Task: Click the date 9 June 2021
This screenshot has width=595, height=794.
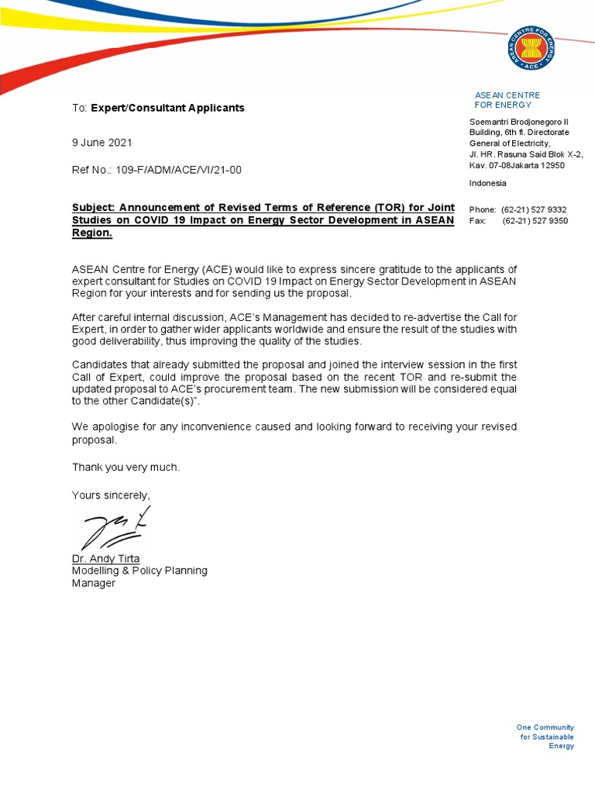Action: [x=102, y=143]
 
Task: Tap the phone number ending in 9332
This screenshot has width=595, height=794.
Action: [x=534, y=209]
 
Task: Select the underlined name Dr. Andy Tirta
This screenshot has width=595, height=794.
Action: [x=105, y=558]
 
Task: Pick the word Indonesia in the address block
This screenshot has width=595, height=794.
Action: [x=488, y=183]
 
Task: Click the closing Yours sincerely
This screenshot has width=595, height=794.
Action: [x=111, y=495]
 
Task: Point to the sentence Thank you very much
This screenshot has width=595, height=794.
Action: [x=126, y=467]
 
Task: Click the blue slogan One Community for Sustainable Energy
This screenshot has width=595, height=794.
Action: [x=545, y=737]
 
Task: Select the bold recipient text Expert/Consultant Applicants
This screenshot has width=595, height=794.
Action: [x=167, y=108]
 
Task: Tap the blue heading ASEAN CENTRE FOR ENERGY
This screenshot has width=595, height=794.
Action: [x=507, y=99]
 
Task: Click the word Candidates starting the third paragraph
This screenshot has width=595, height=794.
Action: [x=99, y=364]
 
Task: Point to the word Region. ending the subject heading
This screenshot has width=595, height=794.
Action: [x=92, y=233]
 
